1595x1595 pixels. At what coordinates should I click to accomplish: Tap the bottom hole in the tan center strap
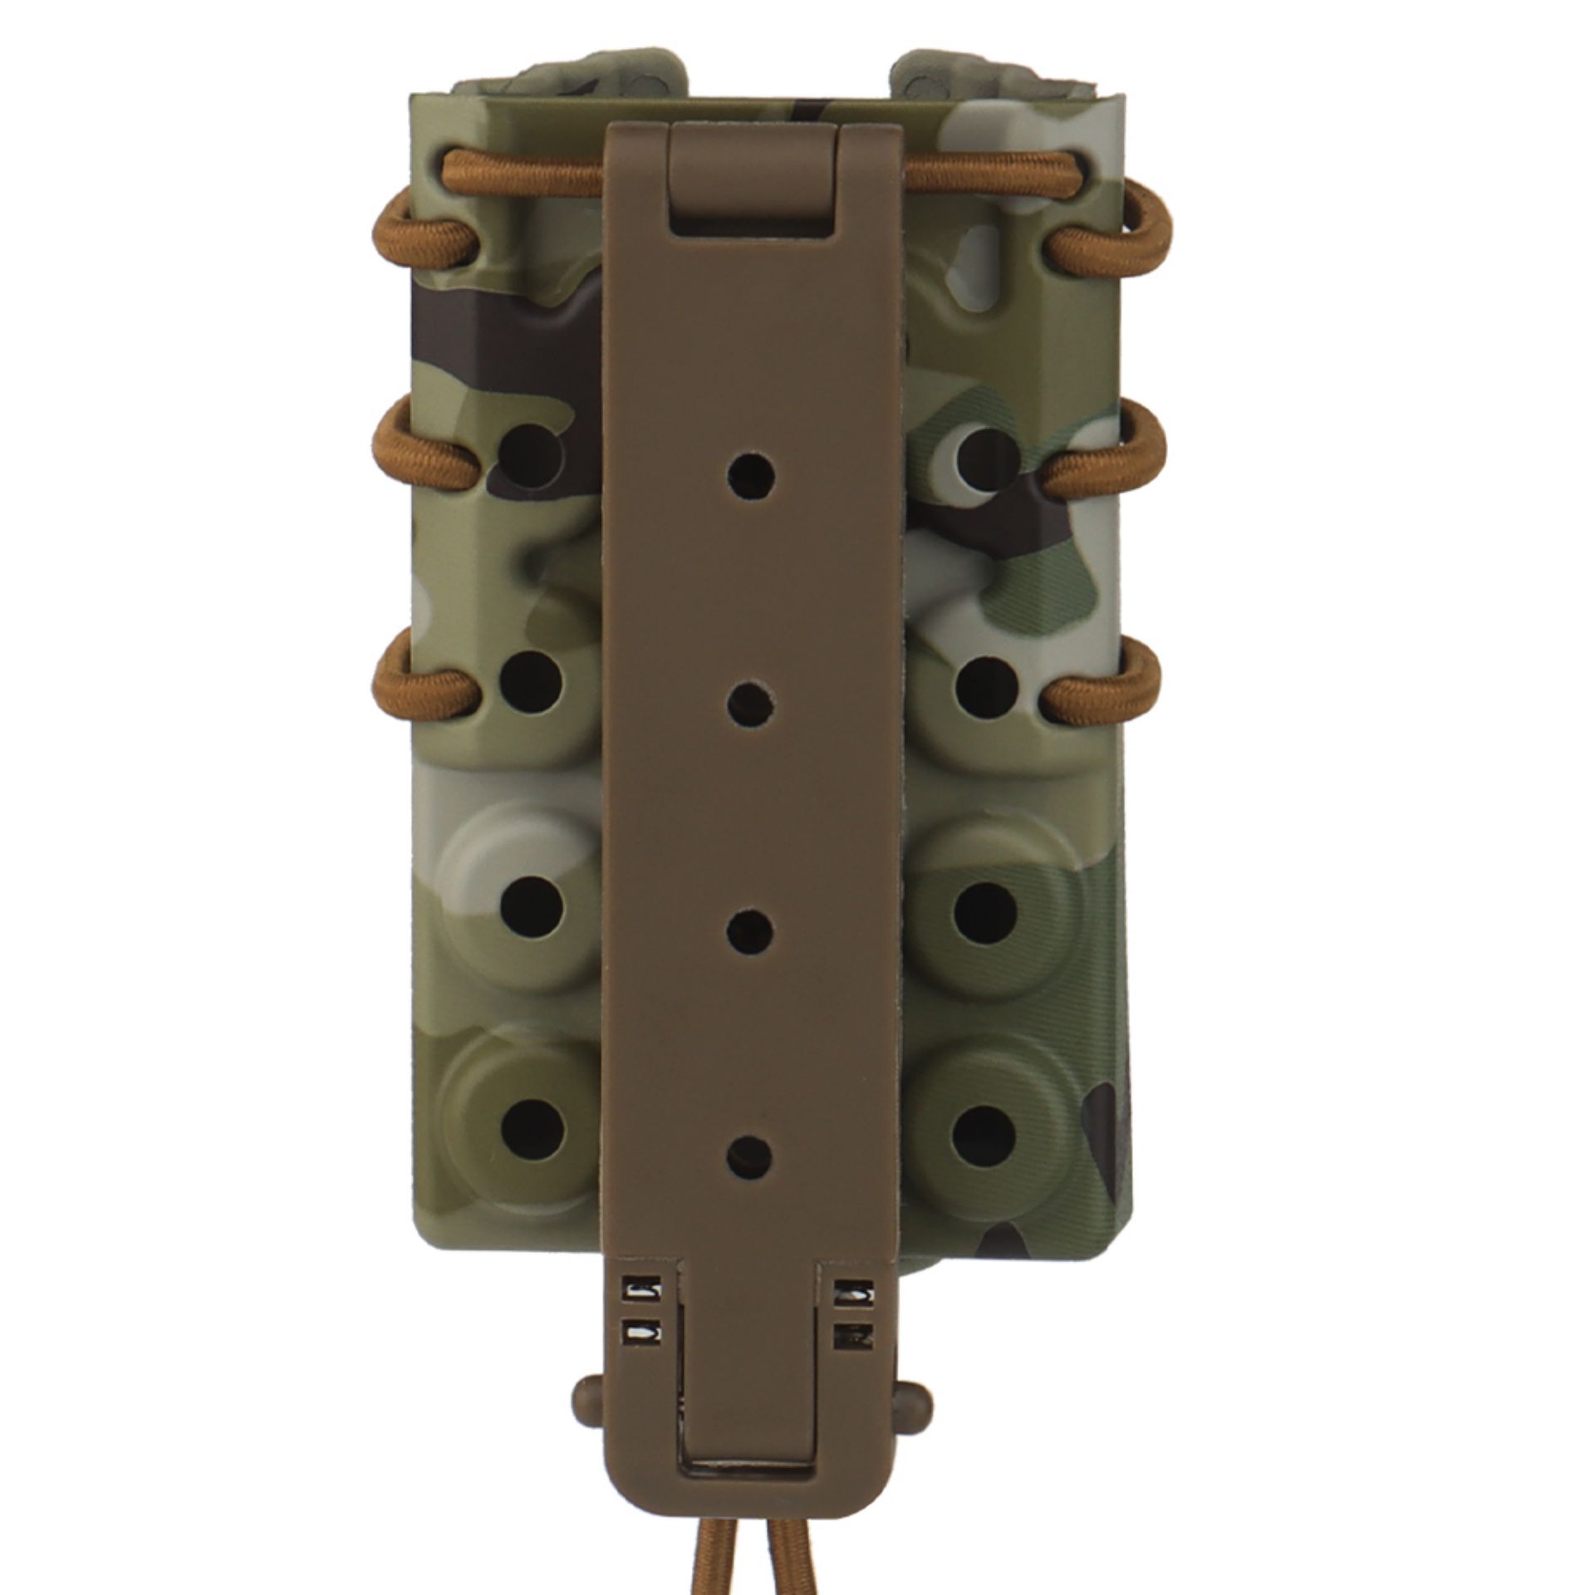tap(750, 1152)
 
